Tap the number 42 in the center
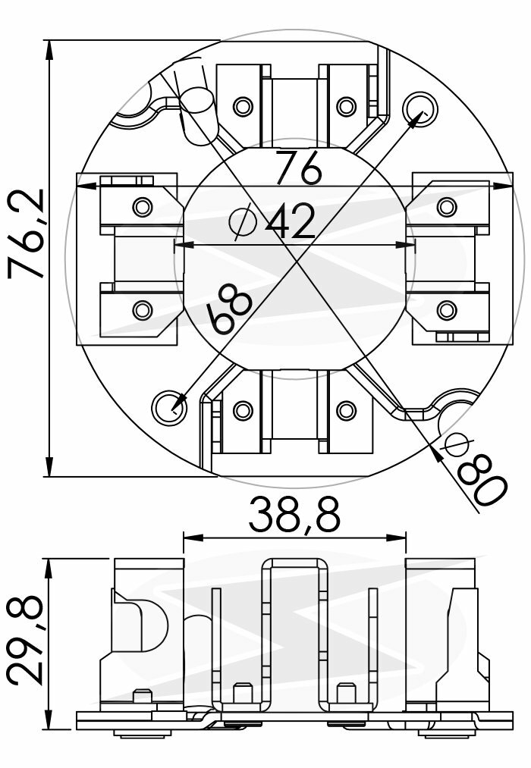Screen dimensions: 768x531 click(x=291, y=222)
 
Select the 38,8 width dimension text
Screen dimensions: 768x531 click(x=294, y=515)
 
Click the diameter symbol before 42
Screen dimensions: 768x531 click(x=243, y=222)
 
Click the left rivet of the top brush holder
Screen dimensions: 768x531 click(x=243, y=106)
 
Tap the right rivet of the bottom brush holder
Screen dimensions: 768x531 click(x=346, y=411)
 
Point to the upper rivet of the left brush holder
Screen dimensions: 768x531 click(x=142, y=206)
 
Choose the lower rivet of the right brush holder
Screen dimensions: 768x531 click(x=447, y=309)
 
